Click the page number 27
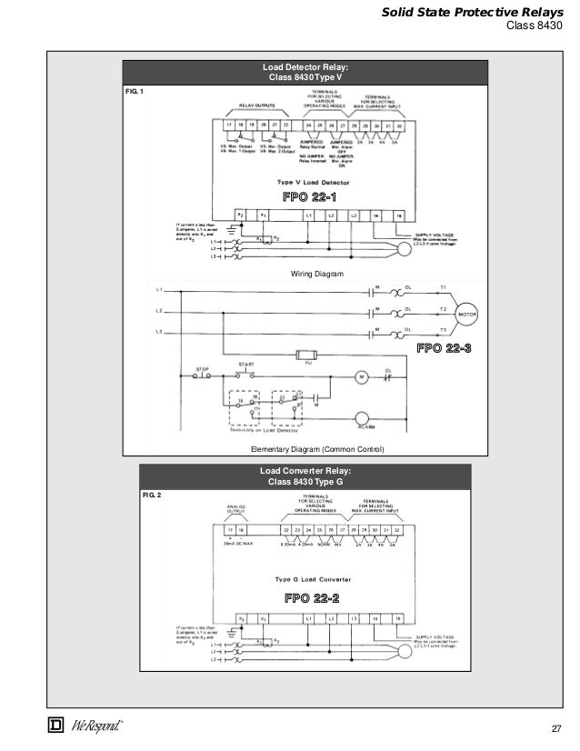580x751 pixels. point(558,729)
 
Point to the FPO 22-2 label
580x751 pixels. point(312,597)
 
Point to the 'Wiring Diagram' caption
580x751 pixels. point(306,273)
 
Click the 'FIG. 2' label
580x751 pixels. point(152,496)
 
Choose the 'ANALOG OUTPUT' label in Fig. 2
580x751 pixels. point(225,510)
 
